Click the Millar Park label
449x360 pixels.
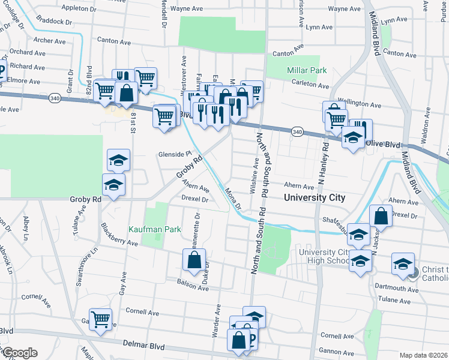(x=307, y=70)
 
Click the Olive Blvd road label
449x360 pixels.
(x=382, y=144)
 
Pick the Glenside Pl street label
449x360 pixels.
(x=174, y=154)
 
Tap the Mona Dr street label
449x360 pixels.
(x=233, y=197)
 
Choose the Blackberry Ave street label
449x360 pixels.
(x=119, y=235)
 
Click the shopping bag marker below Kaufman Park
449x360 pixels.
(x=194, y=260)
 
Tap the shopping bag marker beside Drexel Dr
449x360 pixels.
(x=381, y=215)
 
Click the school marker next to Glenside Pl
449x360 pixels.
(x=118, y=160)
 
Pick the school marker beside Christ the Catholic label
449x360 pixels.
(x=403, y=263)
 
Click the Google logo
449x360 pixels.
(x=19, y=353)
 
